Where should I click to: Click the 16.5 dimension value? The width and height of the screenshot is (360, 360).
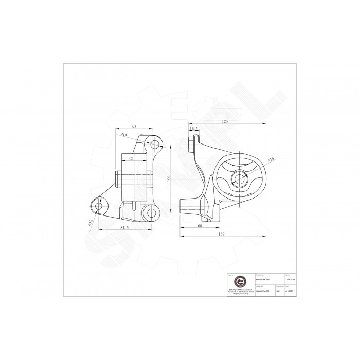pyautogui.click(x=194, y=130)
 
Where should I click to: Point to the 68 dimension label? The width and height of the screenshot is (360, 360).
pyautogui.click(x=199, y=224)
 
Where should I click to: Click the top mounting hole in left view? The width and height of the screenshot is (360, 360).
pyautogui.click(x=152, y=143)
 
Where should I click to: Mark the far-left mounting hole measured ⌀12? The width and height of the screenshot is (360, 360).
pyautogui.click(x=99, y=206)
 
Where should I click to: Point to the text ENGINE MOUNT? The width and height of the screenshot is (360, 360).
pyautogui.click(x=263, y=280)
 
